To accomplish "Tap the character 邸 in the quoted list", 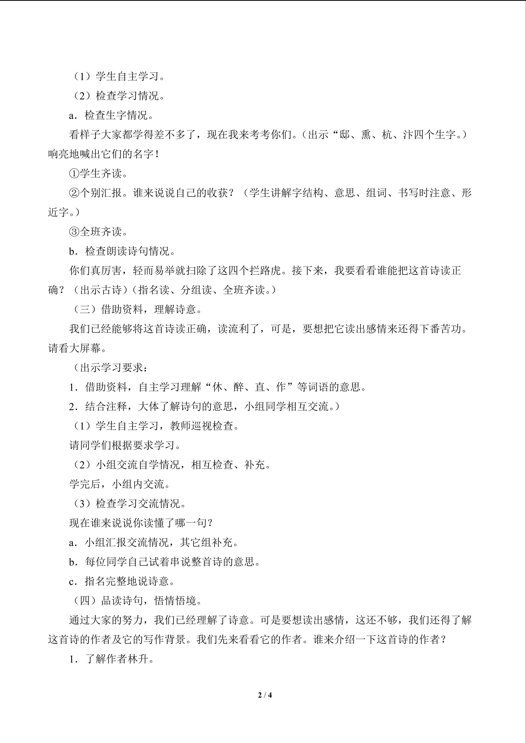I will tap(345, 135).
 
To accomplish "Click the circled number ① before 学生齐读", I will tap(74, 174).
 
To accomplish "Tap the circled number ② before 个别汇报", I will tap(74, 193).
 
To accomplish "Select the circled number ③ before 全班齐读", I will tap(74, 232).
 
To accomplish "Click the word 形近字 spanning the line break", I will tap(466, 193).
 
